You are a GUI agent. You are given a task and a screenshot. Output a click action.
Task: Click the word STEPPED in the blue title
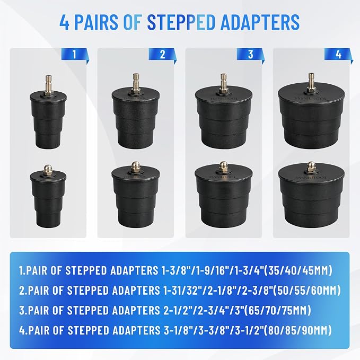click(x=181, y=22)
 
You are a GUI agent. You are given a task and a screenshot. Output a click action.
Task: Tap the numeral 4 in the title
click(x=64, y=22)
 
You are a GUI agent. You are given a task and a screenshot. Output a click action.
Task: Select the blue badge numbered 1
click(x=75, y=54)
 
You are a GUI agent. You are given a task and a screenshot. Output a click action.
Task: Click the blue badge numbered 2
click(x=162, y=55)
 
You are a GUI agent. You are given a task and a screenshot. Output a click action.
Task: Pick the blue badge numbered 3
click(x=250, y=55)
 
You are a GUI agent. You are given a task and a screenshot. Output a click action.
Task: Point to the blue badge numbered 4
click(x=338, y=55)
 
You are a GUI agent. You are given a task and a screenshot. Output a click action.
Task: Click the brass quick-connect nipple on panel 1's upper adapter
click(x=48, y=84)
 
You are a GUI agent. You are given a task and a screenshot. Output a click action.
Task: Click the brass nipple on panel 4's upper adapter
click(x=311, y=83)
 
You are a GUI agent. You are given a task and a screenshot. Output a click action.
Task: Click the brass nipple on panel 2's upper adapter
click(x=135, y=83)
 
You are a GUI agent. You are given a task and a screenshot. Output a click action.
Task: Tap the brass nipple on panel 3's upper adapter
click(x=223, y=83)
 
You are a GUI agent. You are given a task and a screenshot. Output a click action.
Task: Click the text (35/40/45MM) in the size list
click(x=298, y=270)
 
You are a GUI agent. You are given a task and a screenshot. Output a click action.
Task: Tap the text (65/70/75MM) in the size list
click(x=277, y=310)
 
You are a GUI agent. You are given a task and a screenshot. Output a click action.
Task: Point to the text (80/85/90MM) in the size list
click(x=298, y=330)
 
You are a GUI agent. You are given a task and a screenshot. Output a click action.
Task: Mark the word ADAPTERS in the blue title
click(x=260, y=22)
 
